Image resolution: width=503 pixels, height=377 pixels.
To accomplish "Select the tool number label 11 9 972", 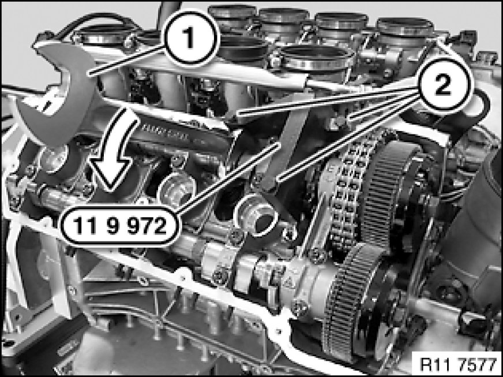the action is click(119, 225).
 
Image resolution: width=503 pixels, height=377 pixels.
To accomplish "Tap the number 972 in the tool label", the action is click(147, 225).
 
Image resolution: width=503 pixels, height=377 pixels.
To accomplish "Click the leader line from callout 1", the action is click(127, 61).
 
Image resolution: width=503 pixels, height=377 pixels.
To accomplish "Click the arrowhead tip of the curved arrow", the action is click(111, 190).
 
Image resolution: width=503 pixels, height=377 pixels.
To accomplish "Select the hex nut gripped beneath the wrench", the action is click(53, 159).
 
